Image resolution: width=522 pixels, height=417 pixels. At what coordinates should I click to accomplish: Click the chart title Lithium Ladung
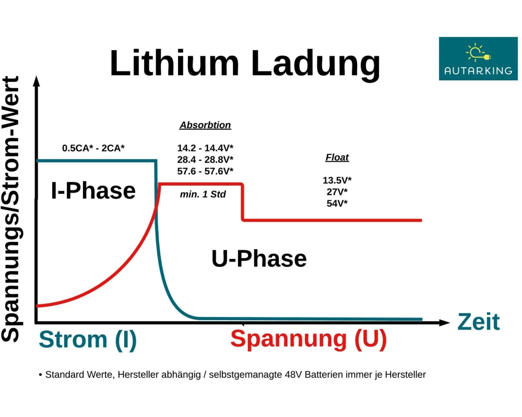pyautogui.click(x=245, y=64)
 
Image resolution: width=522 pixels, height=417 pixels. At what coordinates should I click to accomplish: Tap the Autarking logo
pyautogui.click(x=478, y=58)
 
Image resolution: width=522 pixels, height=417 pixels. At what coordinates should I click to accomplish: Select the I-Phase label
pyautogui.click(x=93, y=191)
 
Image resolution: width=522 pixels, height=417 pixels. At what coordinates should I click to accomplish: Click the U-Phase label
pyautogui.click(x=259, y=259)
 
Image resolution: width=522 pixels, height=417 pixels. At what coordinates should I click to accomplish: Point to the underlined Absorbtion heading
pyautogui.click(x=205, y=125)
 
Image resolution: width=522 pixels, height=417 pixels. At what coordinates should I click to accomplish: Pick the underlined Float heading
pyautogui.click(x=337, y=157)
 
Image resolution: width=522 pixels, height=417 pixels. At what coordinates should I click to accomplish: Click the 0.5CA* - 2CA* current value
pyautogui.click(x=93, y=148)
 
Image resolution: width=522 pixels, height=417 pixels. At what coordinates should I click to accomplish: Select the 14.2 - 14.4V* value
pyautogui.click(x=205, y=148)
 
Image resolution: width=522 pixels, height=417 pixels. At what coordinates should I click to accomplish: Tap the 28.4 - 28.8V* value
pyautogui.click(x=205, y=160)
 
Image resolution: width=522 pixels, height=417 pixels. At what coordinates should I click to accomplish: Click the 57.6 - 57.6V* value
pyautogui.click(x=205, y=171)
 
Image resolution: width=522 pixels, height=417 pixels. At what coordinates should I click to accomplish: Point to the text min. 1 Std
pyautogui.click(x=203, y=194)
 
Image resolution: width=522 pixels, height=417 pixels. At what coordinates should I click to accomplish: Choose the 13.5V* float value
pyautogui.click(x=337, y=180)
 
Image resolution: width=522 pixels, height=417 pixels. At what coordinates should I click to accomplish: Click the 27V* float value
pyautogui.click(x=337, y=192)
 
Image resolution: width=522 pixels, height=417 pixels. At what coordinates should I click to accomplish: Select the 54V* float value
pyautogui.click(x=337, y=203)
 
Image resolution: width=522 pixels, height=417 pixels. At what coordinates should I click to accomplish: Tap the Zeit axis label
pyautogui.click(x=479, y=322)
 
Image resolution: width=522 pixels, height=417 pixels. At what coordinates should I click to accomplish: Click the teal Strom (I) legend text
pyautogui.click(x=88, y=339)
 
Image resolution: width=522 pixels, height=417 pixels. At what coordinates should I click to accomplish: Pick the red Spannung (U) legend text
pyautogui.click(x=309, y=339)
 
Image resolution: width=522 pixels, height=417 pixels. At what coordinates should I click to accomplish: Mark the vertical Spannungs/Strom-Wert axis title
pyautogui.click(x=10, y=209)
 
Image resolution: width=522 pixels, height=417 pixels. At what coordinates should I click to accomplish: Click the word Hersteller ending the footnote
pyautogui.click(x=405, y=375)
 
